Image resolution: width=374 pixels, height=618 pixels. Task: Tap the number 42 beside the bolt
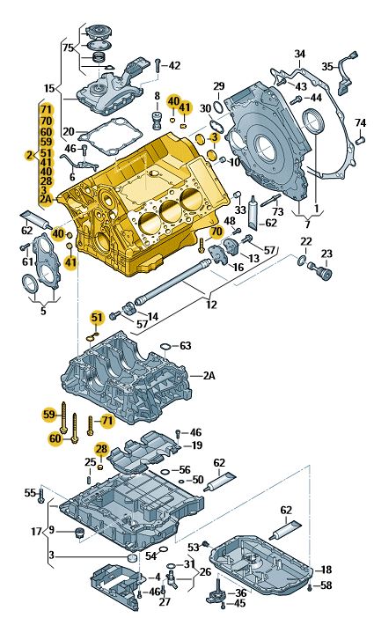(x=174, y=65)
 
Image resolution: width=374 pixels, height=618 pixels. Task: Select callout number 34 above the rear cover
(x=299, y=55)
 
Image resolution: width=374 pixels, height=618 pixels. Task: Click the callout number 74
(x=360, y=122)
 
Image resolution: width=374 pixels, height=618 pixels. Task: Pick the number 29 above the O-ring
(x=219, y=85)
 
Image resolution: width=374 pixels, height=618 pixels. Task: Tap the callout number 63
(x=186, y=346)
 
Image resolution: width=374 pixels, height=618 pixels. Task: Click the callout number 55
(x=28, y=492)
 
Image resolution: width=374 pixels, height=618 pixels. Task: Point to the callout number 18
(x=325, y=570)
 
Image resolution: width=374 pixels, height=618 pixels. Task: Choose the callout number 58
(x=326, y=585)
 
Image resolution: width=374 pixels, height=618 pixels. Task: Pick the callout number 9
(x=51, y=530)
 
